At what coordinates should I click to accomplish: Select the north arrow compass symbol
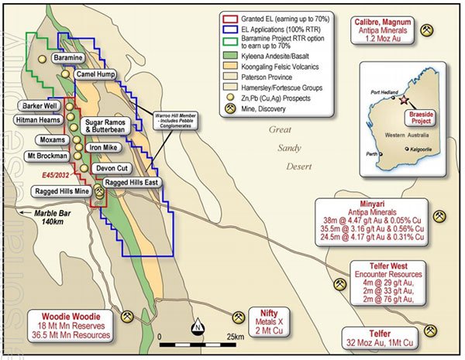point(198,327)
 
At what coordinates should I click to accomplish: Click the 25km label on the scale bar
point(237,338)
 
